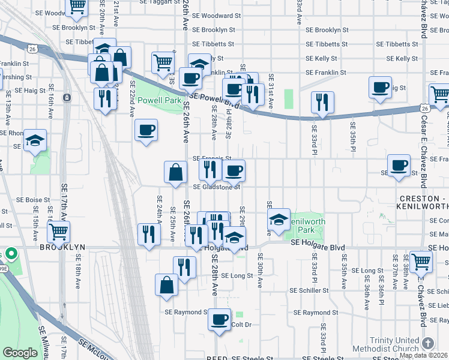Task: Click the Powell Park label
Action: click(159, 101)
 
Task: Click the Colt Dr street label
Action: click(240, 325)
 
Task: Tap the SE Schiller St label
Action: click(307, 290)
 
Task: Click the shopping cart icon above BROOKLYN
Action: click(58, 231)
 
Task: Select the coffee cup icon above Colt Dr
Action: click(220, 318)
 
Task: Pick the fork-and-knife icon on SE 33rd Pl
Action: click(322, 102)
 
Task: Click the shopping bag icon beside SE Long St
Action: click(166, 285)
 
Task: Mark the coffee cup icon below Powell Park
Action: click(146, 130)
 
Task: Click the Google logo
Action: click(20, 353)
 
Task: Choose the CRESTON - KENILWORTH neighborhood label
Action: click(423, 202)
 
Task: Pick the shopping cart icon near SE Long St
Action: click(421, 261)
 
